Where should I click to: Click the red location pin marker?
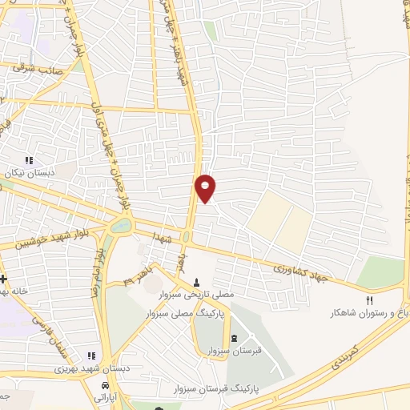tap(206, 187)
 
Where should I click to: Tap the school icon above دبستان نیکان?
tap(30, 160)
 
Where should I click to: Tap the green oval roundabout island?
tap(120, 227)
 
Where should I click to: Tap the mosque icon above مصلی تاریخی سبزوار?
tap(197, 281)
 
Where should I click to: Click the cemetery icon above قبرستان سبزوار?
tap(233, 338)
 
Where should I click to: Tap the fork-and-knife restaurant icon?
tap(370, 299)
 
